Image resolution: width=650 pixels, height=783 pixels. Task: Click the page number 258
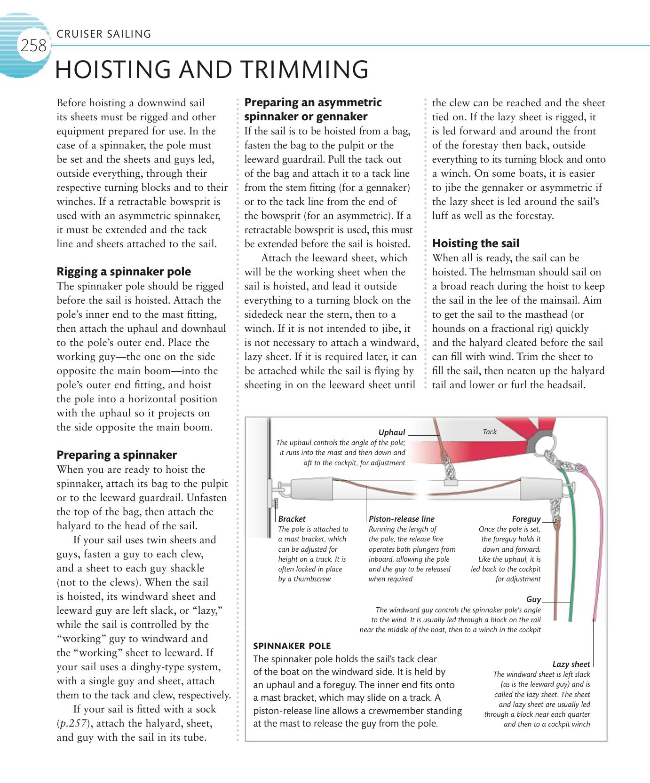[33, 46]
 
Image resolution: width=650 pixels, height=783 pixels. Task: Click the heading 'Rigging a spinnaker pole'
[124, 272]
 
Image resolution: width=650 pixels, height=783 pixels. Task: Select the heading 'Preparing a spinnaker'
[117, 455]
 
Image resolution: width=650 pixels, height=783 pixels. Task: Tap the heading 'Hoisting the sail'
[476, 243]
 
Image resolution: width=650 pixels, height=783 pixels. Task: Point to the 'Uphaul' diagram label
[392, 432]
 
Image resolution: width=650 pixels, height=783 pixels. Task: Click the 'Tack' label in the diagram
[490, 432]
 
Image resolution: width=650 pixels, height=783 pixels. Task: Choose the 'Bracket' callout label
[292, 519]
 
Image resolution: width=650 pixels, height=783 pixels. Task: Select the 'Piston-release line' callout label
[402, 519]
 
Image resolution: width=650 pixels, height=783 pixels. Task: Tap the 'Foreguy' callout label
[526, 519]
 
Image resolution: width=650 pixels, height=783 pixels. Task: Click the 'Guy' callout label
[533, 599]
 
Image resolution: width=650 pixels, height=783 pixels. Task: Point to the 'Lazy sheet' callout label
[571, 664]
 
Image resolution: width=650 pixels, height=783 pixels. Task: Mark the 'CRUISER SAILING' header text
[103, 34]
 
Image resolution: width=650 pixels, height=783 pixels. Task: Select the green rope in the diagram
[568, 555]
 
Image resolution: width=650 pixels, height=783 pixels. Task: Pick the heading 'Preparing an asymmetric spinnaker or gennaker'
[313, 109]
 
